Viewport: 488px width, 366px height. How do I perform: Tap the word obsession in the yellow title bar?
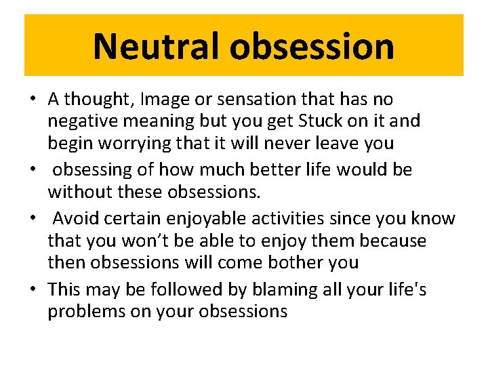(x=312, y=46)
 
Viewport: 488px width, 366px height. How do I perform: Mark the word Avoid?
(x=75, y=218)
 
